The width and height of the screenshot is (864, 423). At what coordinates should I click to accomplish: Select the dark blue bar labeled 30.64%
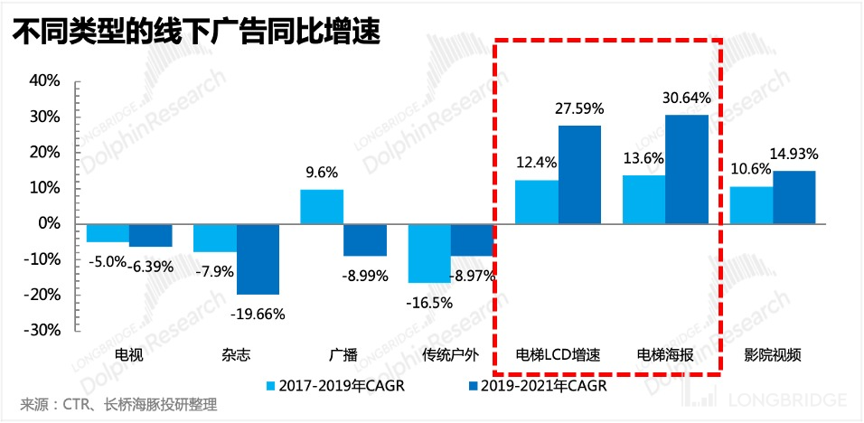point(687,169)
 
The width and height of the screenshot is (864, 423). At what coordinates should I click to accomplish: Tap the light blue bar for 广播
point(322,206)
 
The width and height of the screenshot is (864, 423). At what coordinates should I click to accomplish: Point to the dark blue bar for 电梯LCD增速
point(579,174)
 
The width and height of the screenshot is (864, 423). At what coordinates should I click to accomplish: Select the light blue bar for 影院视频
point(751,205)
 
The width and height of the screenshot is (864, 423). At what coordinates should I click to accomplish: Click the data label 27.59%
point(578,109)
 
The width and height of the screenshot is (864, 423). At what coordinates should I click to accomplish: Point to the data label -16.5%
point(428,302)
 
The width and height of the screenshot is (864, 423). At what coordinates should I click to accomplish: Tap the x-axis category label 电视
point(128,353)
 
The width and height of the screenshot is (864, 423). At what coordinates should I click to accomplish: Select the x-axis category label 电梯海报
point(665,353)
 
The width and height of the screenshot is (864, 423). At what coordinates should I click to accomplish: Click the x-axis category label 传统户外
point(450,353)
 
